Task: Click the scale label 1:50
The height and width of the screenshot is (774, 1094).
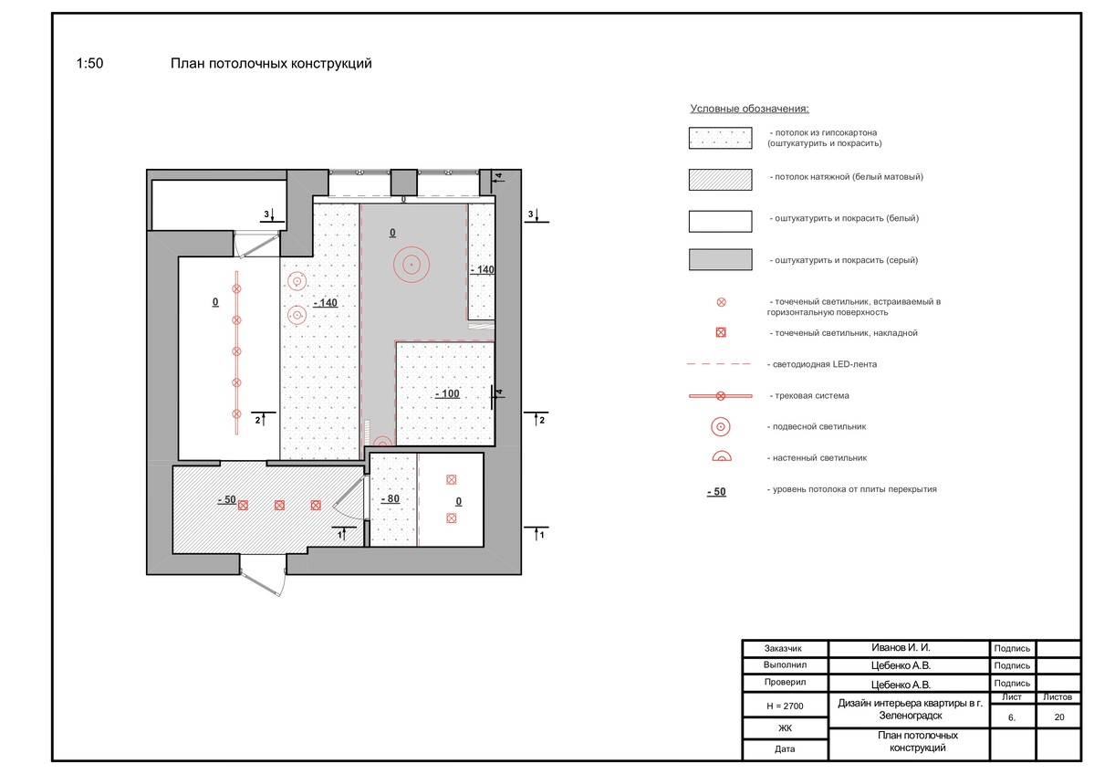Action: (89, 64)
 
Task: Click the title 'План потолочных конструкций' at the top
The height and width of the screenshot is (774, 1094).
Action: (271, 64)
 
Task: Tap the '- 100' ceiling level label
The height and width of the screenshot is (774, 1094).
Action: (447, 393)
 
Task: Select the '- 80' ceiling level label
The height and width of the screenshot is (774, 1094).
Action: (390, 499)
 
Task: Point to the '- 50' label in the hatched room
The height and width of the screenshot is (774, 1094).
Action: (227, 499)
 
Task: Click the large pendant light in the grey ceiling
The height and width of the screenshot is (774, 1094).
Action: (411, 265)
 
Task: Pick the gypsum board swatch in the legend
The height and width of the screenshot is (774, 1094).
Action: (720, 138)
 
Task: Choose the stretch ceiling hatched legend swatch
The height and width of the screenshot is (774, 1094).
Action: (720, 180)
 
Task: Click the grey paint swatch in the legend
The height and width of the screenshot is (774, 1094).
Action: (720, 259)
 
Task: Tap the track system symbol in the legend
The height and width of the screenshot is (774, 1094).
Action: (720, 396)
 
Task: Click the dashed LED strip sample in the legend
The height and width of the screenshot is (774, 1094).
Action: (719, 364)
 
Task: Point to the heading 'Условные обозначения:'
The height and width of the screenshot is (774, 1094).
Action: (749, 109)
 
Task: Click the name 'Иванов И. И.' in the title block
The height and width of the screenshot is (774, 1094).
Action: (901, 648)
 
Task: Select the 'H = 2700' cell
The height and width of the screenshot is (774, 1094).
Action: (785, 706)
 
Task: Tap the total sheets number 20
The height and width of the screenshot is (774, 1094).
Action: (1059, 716)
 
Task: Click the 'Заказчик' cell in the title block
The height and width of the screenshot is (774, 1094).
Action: (783, 648)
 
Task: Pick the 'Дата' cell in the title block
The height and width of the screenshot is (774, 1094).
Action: (785, 748)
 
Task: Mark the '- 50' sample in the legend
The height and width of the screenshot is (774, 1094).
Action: (716, 492)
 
